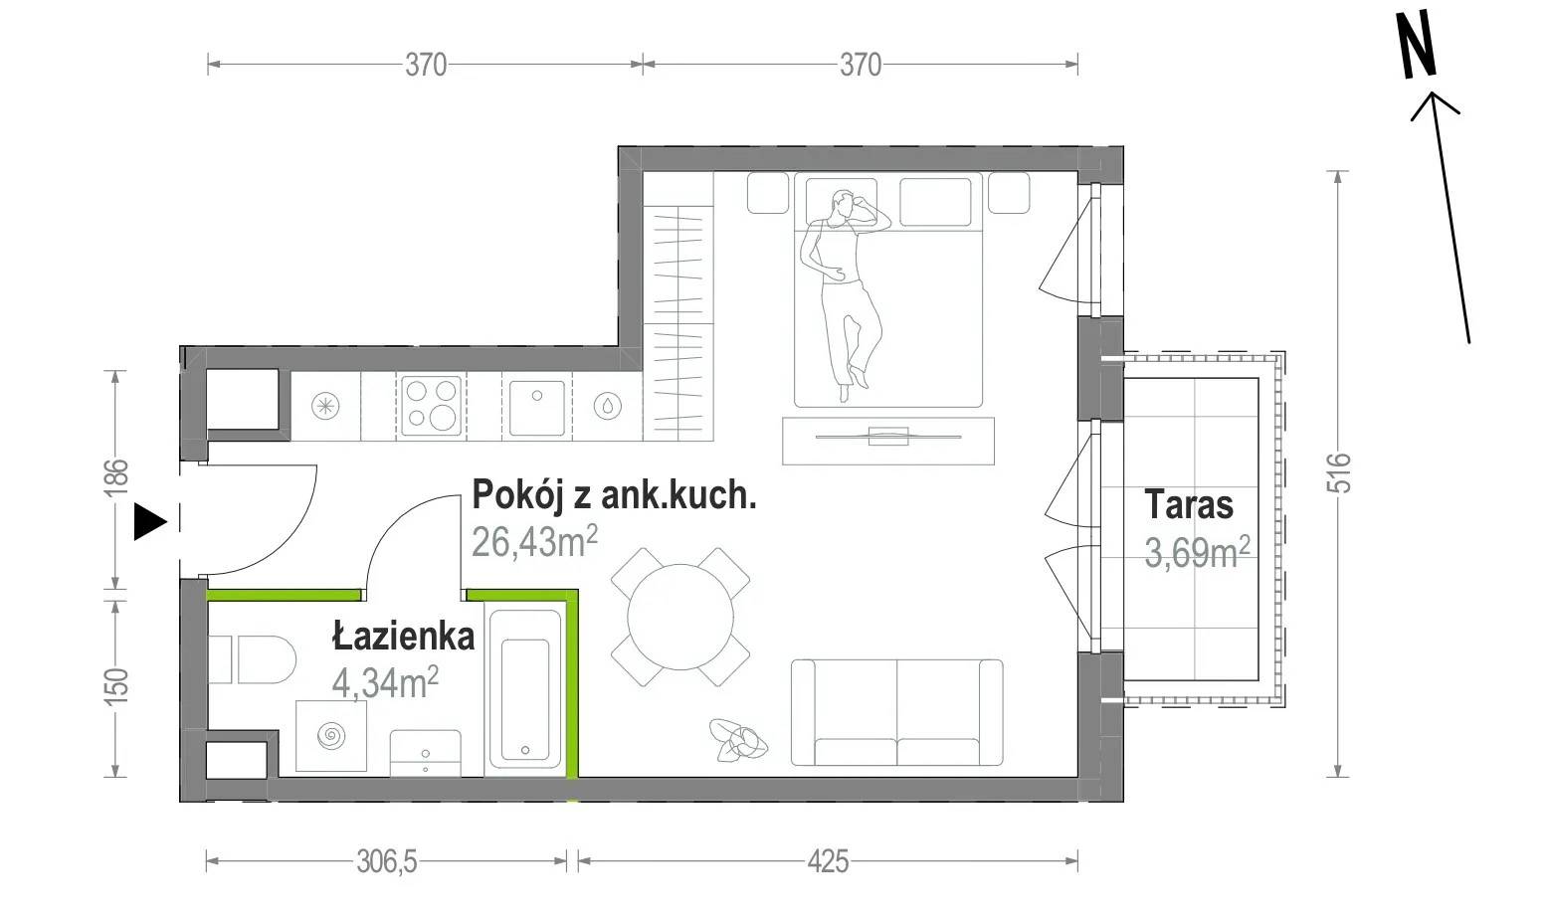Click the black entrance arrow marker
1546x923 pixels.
148,521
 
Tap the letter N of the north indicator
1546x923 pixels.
1418,44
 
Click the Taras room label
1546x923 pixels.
1189,504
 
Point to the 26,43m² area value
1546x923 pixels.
534,541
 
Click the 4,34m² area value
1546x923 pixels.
385,682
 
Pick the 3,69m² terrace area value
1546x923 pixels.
1197,552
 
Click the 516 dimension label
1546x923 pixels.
1339,472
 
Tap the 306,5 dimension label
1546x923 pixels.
386,861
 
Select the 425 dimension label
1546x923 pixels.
828,861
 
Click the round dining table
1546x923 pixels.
679,617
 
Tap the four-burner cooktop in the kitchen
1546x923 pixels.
432,406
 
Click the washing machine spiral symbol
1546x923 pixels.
330,736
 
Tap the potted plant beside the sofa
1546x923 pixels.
738,741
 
